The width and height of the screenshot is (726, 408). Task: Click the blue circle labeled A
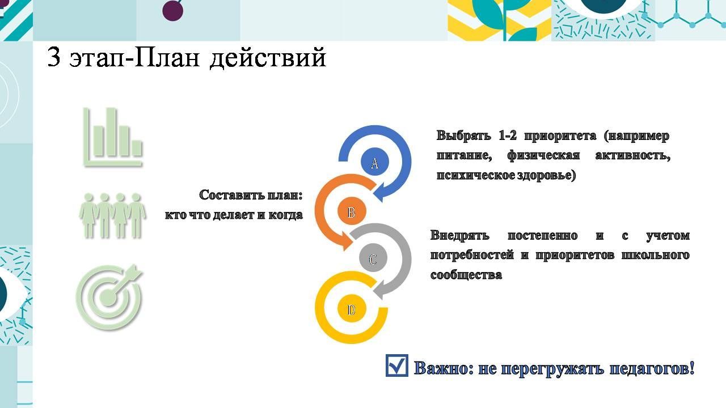pos(375,162)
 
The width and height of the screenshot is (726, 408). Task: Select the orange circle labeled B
pos(352,211)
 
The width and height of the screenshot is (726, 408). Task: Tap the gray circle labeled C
pos(373,258)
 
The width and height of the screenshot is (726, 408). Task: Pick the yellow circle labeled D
pos(352,309)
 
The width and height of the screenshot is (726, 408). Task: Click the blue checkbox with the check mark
pos(396,365)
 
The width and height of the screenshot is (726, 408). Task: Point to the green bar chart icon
pos(113,137)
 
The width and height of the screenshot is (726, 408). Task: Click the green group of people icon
pos(112,216)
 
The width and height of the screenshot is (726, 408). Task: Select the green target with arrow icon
pos(109,297)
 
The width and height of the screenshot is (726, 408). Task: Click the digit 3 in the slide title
pos(54,57)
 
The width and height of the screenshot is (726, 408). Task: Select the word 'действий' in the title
pos(268,58)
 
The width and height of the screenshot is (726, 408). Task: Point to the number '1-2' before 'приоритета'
pos(508,135)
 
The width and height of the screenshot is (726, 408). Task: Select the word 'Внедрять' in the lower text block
pos(459,235)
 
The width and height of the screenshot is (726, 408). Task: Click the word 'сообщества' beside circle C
pos(466,275)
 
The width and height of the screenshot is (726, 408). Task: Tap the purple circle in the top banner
pos(173,11)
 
